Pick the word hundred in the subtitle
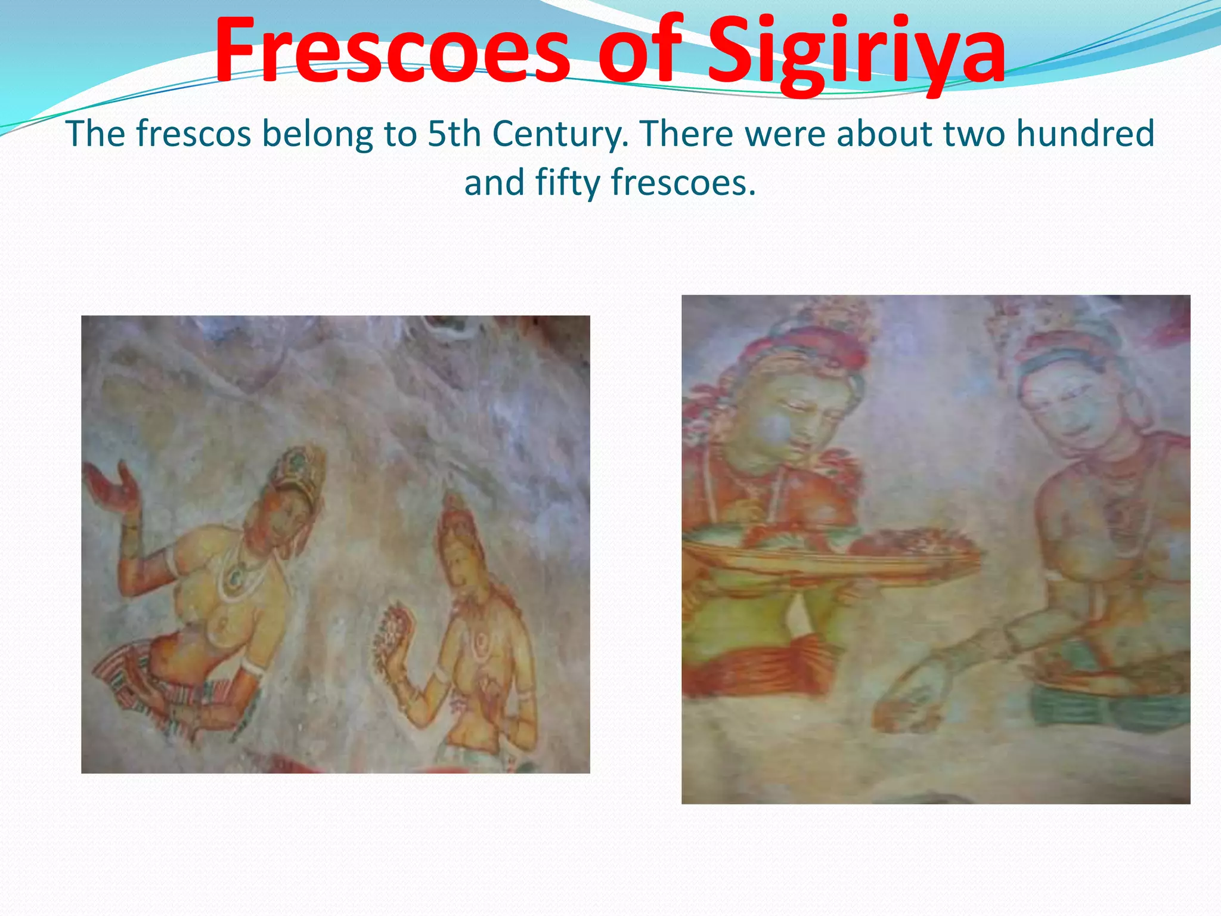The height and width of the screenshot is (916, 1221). tap(1085, 134)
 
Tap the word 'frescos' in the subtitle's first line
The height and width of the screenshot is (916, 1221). tap(193, 134)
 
